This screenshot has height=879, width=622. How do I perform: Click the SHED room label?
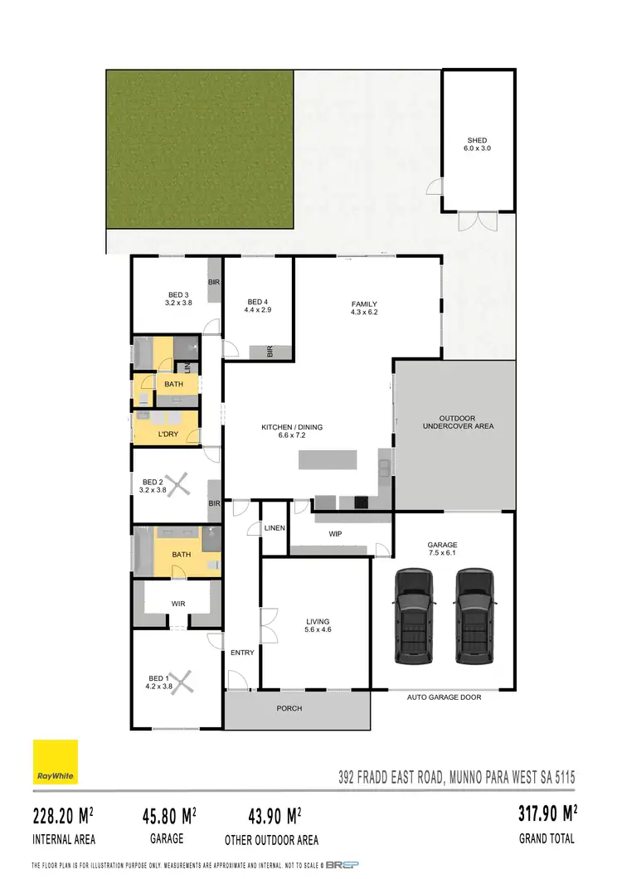click(x=477, y=141)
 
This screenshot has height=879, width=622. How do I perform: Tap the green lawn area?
click(x=199, y=149)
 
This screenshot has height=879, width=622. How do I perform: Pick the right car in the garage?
click(x=474, y=615)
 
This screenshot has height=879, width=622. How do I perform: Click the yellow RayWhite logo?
click(x=55, y=762)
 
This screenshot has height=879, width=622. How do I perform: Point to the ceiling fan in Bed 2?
click(x=176, y=483)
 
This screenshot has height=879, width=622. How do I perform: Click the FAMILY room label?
click(x=364, y=304)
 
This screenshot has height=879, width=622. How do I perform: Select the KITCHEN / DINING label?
click(x=292, y=428)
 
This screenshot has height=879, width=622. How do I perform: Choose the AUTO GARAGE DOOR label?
click(x=444, y=697)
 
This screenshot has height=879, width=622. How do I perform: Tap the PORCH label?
click(x=289, y=708)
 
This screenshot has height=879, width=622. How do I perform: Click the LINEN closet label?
click(x=274, y=528)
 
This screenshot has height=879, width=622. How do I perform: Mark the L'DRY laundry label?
click(x=168, y=434)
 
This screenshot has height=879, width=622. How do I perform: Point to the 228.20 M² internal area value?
click(x=63, y=816)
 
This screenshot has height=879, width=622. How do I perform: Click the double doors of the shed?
click(x=478, y=221)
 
